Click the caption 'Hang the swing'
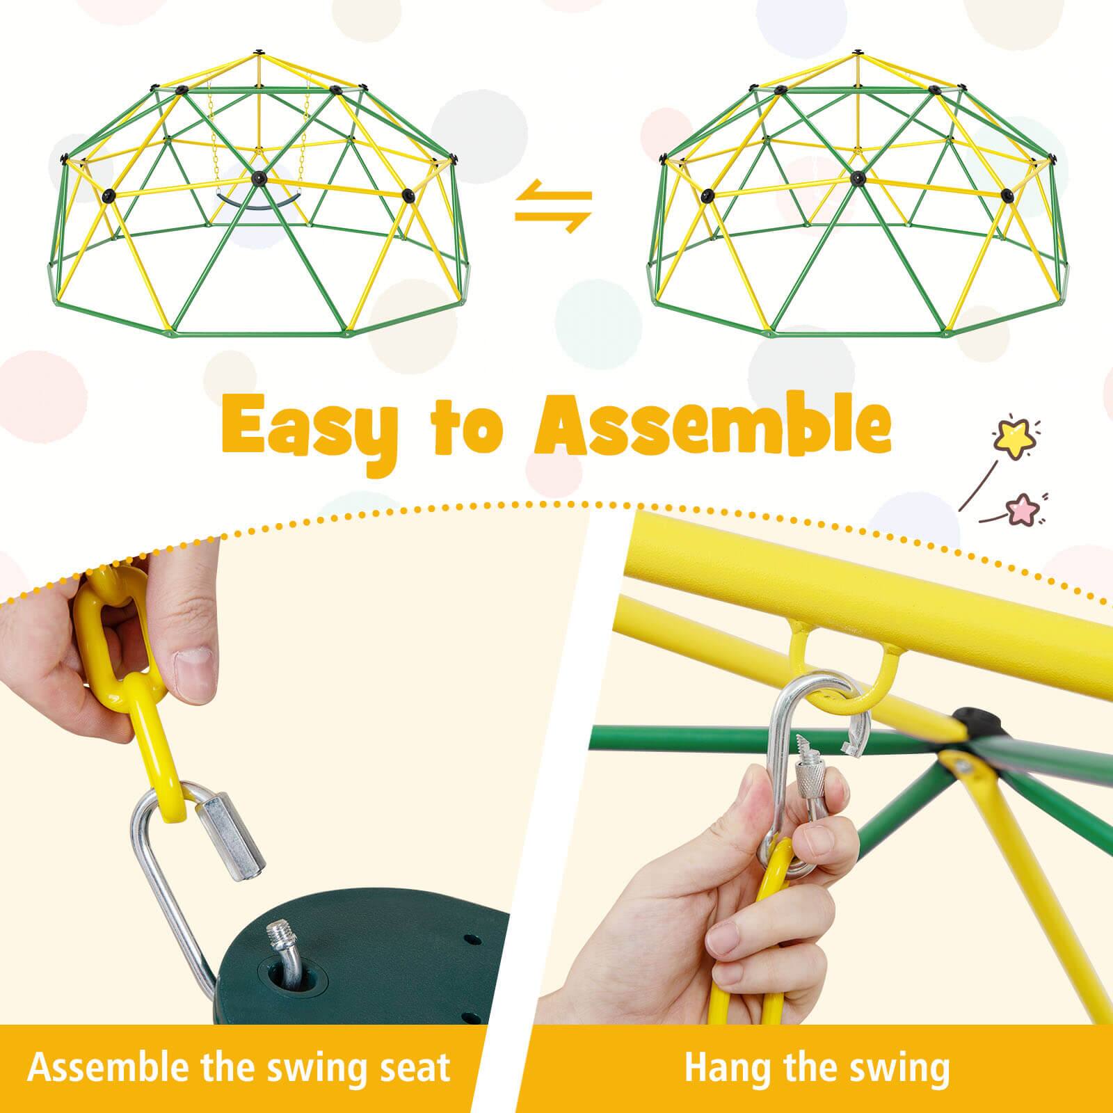[817, 1067]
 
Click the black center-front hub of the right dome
[858, 179]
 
